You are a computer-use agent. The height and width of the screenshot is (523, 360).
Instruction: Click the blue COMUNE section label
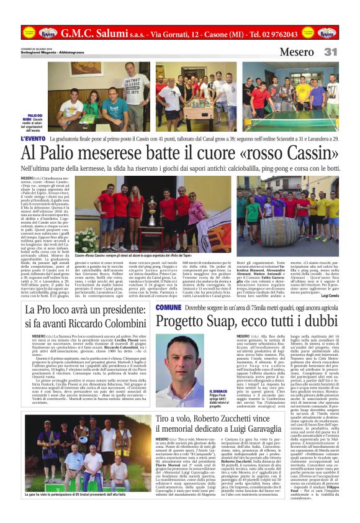click(169, 307)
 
